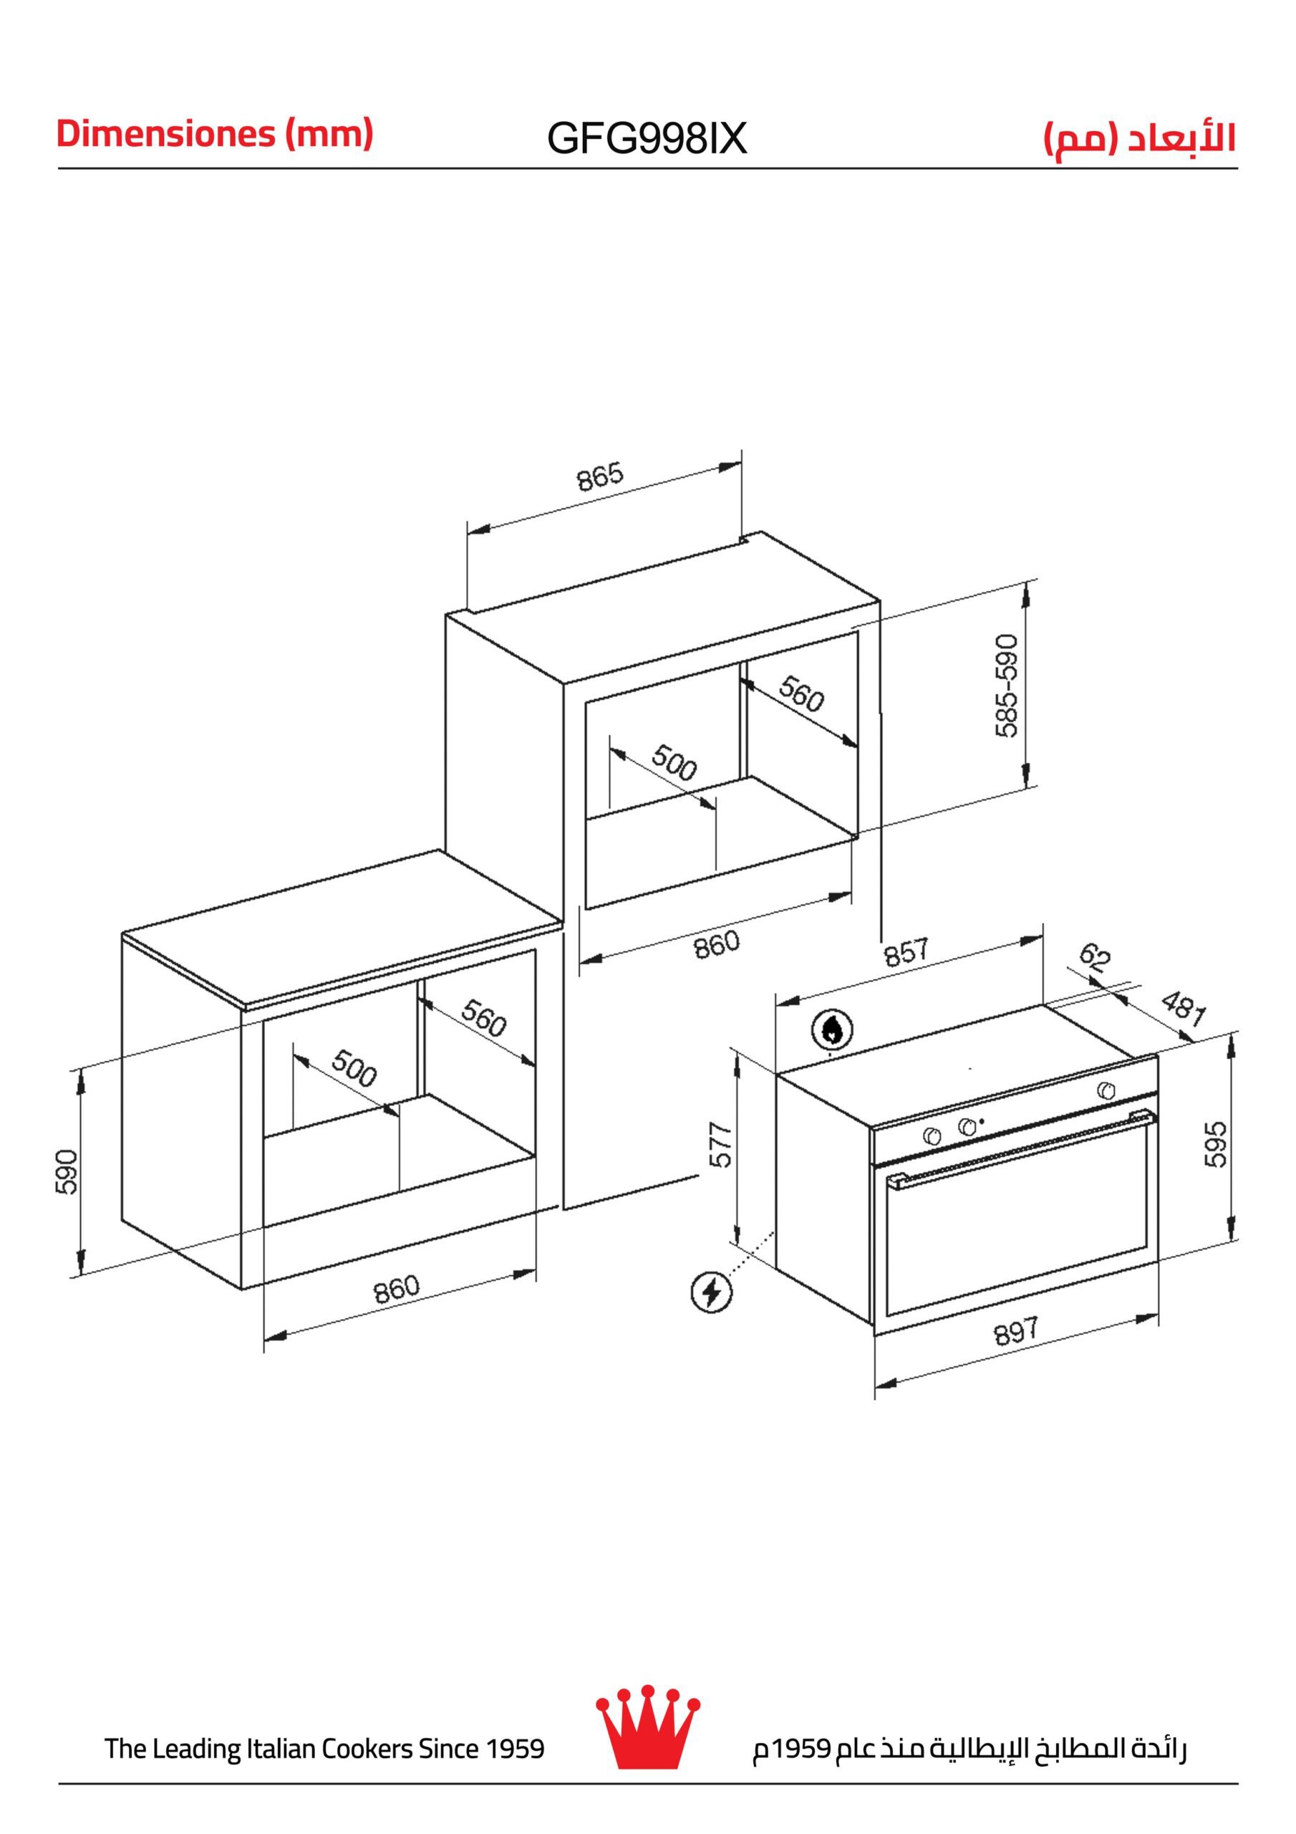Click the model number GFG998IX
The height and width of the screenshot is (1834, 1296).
[x=647, y=139]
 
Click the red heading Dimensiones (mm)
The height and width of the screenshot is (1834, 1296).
[x=215, y=134]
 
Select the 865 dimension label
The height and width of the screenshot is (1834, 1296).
[x=600, y=477]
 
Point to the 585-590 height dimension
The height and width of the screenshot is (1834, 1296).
[x=1007, y=686]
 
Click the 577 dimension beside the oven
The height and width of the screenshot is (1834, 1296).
[x=721, y=1146]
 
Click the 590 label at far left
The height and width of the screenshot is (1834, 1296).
[x=67, y=1172]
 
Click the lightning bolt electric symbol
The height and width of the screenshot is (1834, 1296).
[x=711, y=1292]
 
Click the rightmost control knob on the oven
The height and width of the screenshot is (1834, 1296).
[x=1106, y=1090]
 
